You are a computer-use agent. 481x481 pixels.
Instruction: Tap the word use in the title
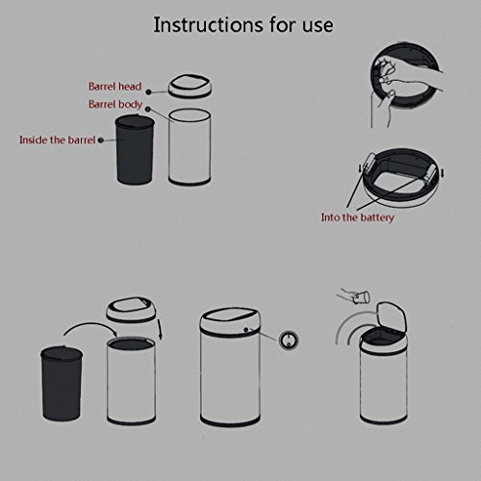(317, 27)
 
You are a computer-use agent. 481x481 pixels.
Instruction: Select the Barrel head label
(114, 87)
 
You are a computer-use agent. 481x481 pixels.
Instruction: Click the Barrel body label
(115, 105)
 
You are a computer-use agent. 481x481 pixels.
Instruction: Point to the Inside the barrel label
(58, 139)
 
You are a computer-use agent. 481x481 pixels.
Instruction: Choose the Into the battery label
(358, 217)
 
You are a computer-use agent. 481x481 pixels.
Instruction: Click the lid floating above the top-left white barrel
(190, 87)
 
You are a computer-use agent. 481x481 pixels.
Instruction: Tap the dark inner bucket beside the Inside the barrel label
(135, 149)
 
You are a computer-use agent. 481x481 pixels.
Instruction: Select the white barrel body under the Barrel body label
(190, 147)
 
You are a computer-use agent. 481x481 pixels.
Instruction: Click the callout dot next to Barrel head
(148, 92)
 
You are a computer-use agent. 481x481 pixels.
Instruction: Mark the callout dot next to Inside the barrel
(101, 140)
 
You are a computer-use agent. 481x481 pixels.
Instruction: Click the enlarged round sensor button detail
(289, 340)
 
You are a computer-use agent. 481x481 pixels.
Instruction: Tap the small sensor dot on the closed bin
(246, 330)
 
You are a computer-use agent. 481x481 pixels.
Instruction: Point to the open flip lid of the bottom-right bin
(392, 318)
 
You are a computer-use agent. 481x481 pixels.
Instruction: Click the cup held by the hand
(363, 297)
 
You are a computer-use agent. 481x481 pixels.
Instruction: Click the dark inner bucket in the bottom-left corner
(62, 384)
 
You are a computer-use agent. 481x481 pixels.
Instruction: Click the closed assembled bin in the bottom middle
(230, 367)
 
